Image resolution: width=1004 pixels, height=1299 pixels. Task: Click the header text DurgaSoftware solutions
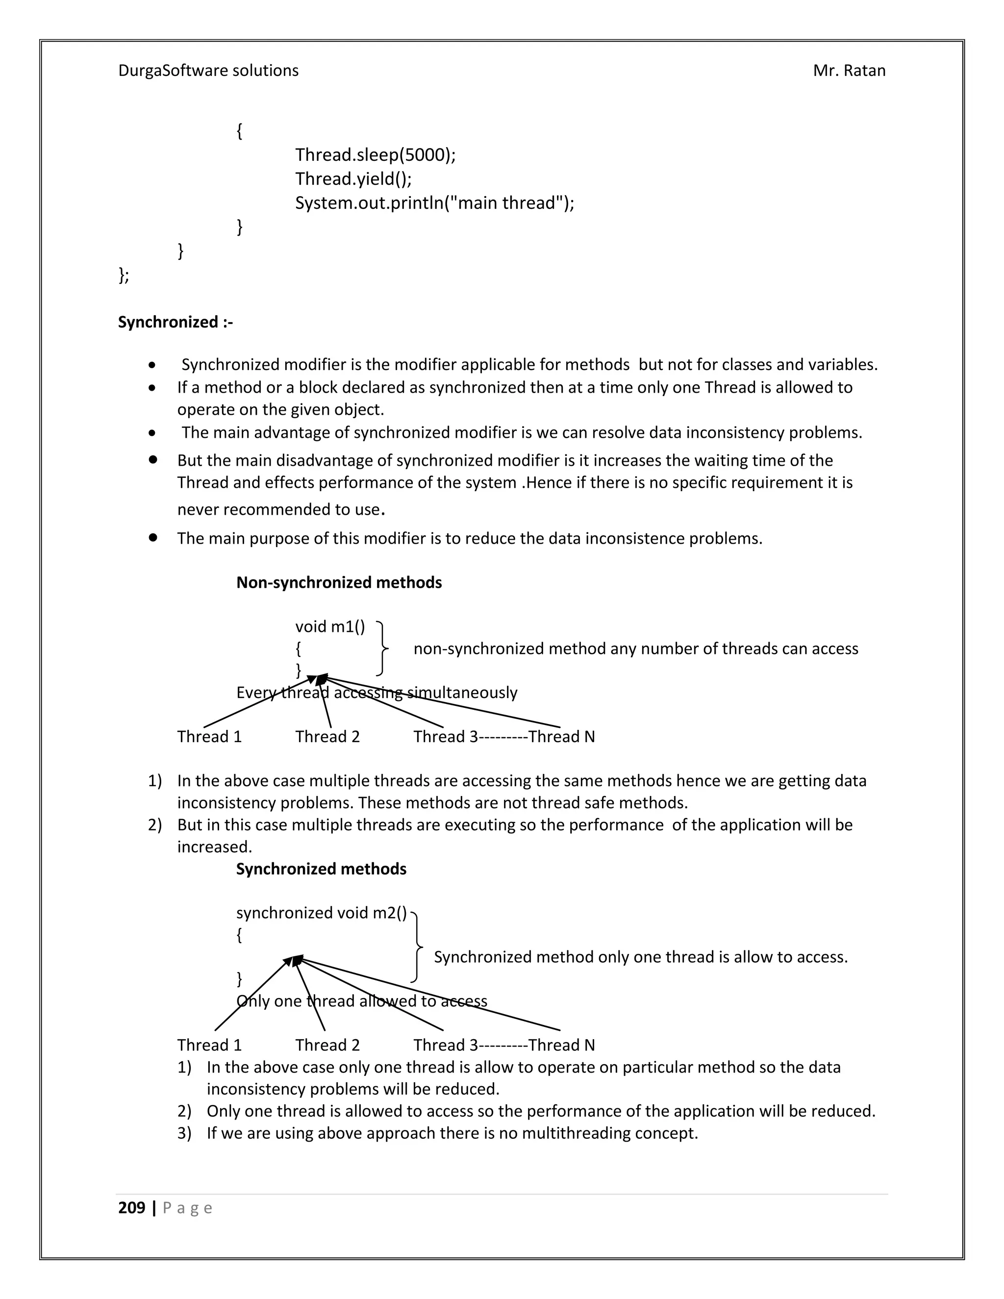coord(208,71)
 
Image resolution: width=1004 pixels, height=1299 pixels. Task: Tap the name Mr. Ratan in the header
coord(849,71)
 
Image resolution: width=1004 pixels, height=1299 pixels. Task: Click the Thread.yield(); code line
coord(353,178)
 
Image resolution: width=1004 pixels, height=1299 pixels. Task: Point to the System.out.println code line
coord(434,203)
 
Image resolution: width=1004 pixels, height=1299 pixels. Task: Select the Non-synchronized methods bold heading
coord(339,582)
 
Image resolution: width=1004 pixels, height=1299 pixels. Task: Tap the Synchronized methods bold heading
coord(321,869)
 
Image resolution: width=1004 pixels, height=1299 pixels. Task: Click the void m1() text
coord(330,626)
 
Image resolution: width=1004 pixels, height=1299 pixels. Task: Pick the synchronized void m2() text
coord(321,913)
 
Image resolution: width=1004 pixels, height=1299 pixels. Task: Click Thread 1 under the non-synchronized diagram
coord(209,737)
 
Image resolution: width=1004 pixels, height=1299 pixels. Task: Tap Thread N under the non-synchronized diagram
coord(561,737)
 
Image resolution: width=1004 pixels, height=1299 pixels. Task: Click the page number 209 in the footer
coord(131,1208)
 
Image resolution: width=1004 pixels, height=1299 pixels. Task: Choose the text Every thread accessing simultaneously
coord(376,693)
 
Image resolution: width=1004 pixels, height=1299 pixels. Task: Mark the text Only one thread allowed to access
coord(362,1001)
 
